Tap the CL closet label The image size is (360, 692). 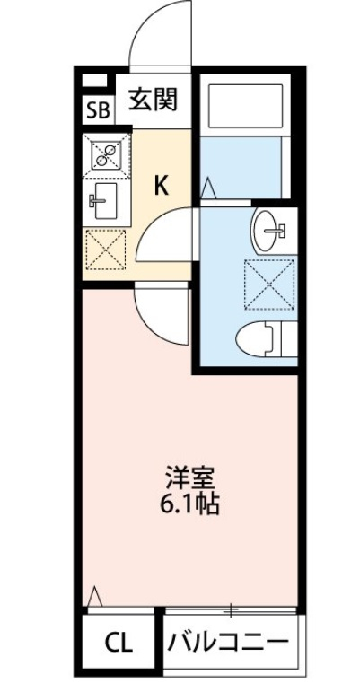[118, 643]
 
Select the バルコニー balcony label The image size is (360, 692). [228, 643]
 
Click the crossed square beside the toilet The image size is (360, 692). [269, 284]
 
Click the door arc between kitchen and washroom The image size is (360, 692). [167, 231]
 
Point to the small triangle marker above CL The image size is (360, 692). [96, 594]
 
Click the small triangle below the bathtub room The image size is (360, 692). [208, 188]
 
